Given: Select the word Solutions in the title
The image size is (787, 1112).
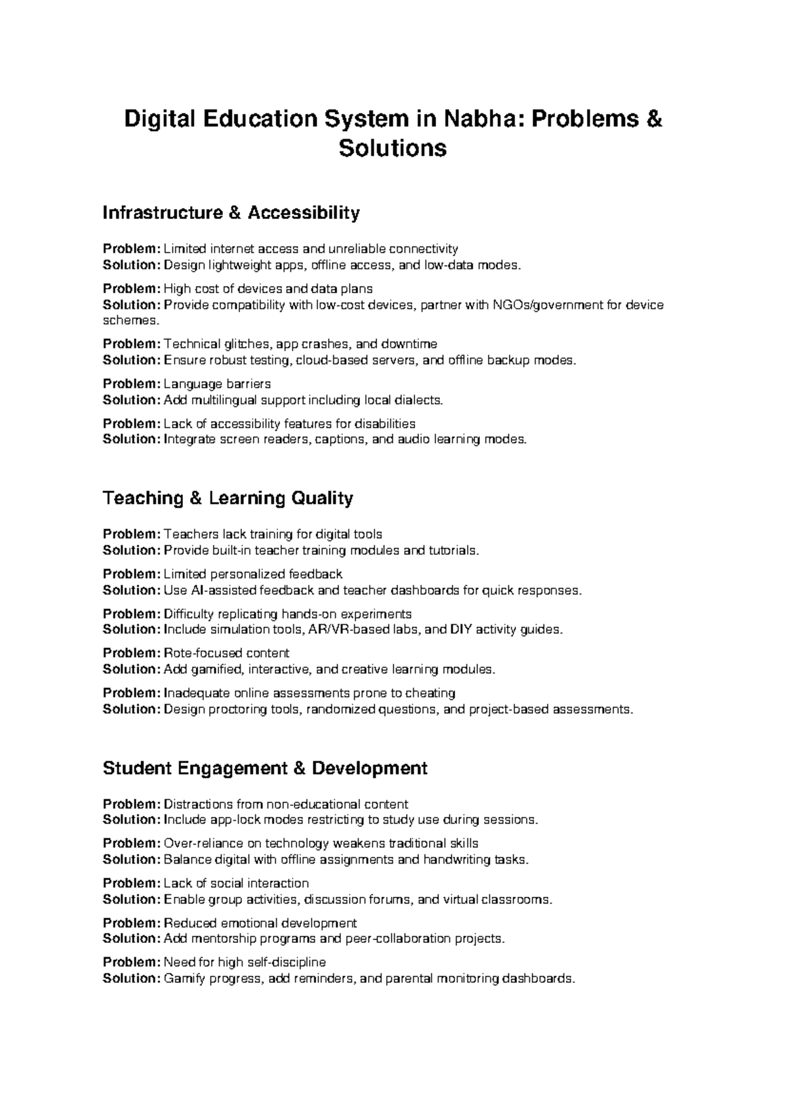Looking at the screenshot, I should tap(393, 148).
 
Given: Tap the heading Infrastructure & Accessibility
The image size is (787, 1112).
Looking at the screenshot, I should tap(232, 213).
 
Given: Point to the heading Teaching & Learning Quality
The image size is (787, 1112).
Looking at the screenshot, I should tap(228, 498).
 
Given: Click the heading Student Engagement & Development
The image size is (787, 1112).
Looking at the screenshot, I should tap(265, 768).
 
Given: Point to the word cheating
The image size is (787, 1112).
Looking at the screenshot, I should tap(430, 693).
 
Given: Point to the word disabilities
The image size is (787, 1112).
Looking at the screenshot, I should tap(385, 424).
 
